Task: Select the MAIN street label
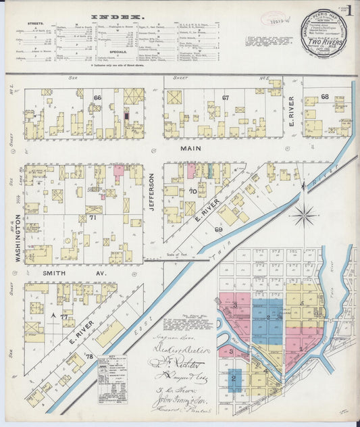[x=186, y=147]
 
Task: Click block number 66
[x=97, y=98]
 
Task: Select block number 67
[x=226, y=98]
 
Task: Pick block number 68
[x=325, y=97]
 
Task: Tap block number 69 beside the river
[x=219, y=230]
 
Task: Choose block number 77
[x=63, y=316]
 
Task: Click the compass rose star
[x=303, y=216]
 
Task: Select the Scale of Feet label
[x=176, y=255]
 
